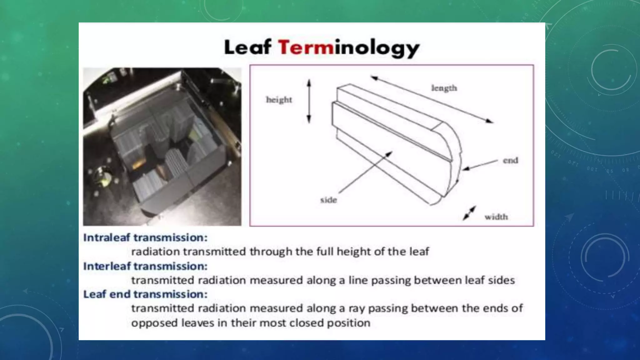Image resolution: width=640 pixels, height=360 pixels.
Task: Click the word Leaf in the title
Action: pyautogui.click(x=247, y=47)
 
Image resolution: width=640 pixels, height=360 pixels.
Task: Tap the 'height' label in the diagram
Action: pyautogui.click(x=279, y=100)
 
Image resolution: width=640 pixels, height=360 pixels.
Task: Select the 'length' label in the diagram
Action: pyautogui.click(x=444, y=88)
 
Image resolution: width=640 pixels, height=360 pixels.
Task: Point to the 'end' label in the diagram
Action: pyautogui.click(x=510, y=161)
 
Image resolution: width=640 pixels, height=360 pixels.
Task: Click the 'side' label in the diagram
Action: pyautogui.click(x=328, y=200)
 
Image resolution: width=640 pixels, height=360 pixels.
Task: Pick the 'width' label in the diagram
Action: pyautogui.click(x=496, y=217)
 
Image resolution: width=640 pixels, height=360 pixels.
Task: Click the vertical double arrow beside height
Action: pyautogui.click(x=309, y=101)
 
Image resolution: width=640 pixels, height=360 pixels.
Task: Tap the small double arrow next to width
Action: pyautogui.click(x=469, y=213)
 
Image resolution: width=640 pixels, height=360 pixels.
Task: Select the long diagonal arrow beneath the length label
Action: pyautogui.click(x=432, y=99)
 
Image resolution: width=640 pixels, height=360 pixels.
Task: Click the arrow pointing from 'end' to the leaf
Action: pyautogui.click(x=480, y=165)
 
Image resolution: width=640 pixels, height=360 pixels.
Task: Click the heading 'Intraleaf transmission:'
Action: pyautogui.click(x=145, y=237)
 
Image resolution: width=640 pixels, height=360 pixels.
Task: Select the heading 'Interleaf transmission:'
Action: pyautogui.click(x=145, y=266)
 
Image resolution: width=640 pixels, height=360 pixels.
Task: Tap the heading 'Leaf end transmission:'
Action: pyautogui.click(x=145, y=294)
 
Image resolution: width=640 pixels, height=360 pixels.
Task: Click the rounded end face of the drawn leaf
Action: pyautogui.click(x=450, y=159)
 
